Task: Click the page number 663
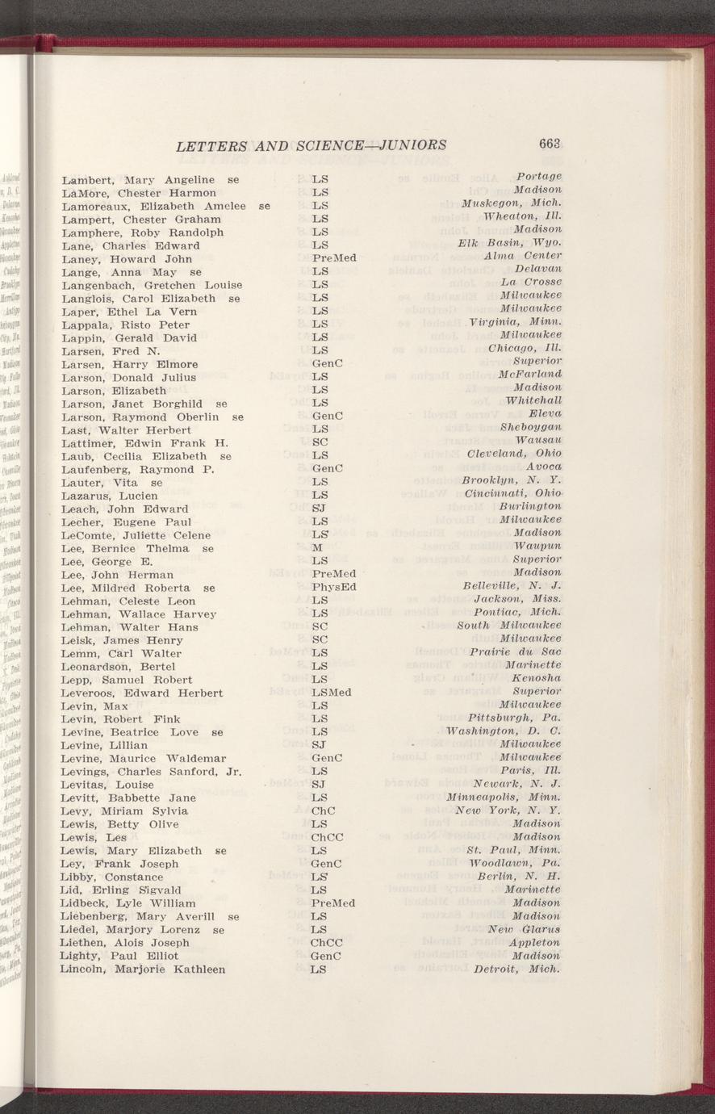(x=550, y=144)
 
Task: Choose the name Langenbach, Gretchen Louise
(x=152, y=285)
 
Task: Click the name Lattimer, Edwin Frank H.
(x=145, y=443)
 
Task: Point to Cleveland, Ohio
(x=514, y=454)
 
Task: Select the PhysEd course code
(x=334, y=587)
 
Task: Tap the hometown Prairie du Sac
(x=516, y=652)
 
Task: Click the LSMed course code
(x=331, y=693)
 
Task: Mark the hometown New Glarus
(x=524, y=929)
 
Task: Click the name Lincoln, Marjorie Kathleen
(x=143, y=969)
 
